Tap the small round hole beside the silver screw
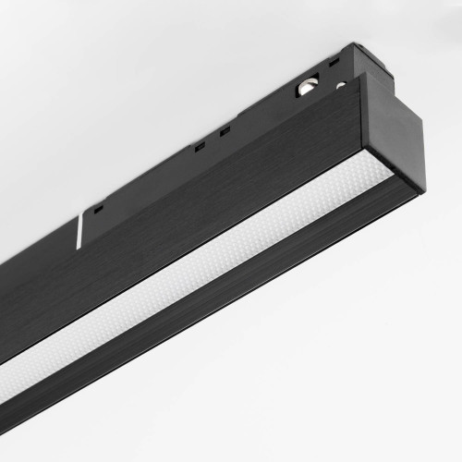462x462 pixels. coord(341,86)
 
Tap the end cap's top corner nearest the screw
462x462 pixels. coord(365,75)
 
